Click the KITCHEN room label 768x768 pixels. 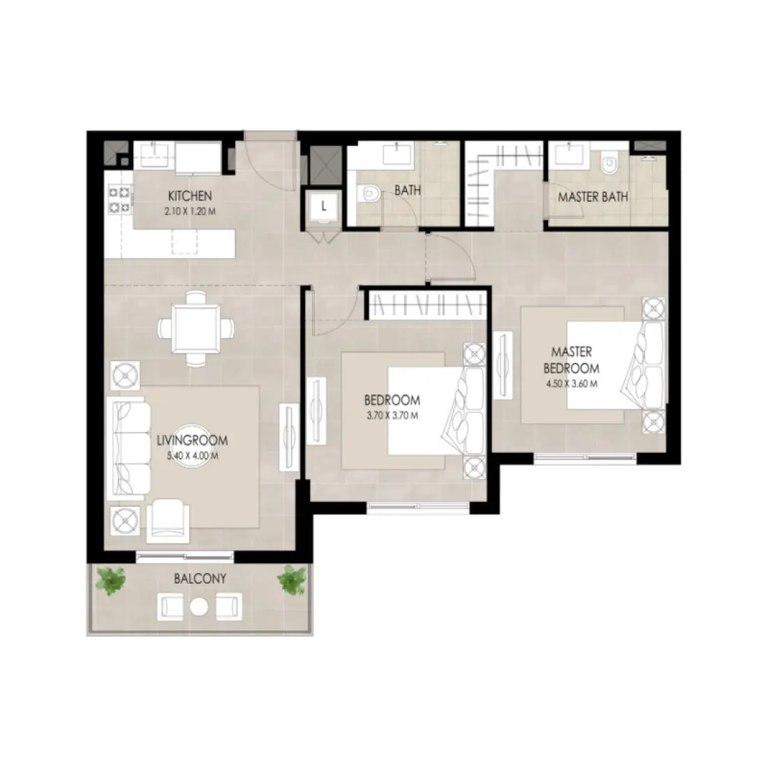[x=185, y=195]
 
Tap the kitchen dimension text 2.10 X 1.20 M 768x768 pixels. [x=185, y=209]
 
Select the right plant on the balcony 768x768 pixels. [x=292, y=581]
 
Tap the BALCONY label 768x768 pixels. [x=201, y=579]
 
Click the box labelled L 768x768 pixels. [x=324, y=206]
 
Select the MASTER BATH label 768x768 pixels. [x=593, y=197]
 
